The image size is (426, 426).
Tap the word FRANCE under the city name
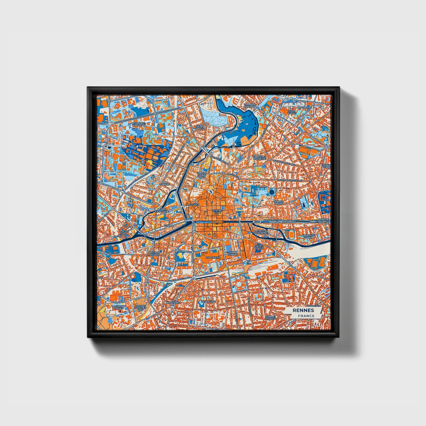[306, 316]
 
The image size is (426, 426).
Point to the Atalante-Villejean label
[139, 124]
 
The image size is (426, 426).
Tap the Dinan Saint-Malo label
[202, 175]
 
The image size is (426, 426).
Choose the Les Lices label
[193, 204]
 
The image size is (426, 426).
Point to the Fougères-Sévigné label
[259, 157]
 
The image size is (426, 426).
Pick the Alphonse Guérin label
[308, 236]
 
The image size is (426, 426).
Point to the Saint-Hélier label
[259, 247]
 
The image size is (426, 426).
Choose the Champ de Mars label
[233, 254]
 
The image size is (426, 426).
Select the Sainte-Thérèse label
[271, 317]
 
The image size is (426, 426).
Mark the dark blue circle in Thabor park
[271, 192]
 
